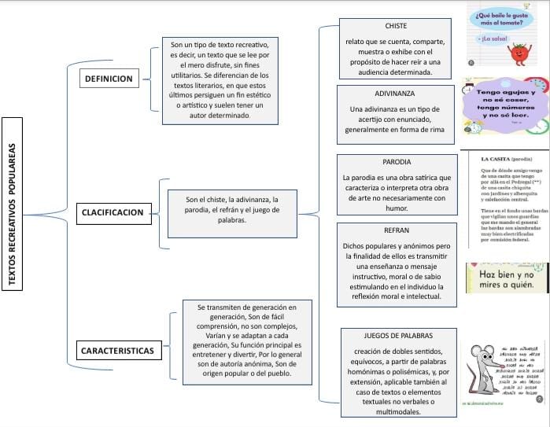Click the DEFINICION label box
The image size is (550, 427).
coord(109,79)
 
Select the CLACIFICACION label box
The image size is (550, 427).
coord(112,212)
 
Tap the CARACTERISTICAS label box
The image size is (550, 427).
coord(116,349)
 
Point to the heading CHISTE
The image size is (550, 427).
coord(396,26)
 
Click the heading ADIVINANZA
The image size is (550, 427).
coord(396,93)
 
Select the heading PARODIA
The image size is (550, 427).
coord(396,162)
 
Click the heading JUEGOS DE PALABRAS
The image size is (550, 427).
coord(397,336)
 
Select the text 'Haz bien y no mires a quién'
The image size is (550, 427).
coord(508,277)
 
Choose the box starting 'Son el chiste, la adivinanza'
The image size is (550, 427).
coord(225,210)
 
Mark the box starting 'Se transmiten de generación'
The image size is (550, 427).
coord(235,340)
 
